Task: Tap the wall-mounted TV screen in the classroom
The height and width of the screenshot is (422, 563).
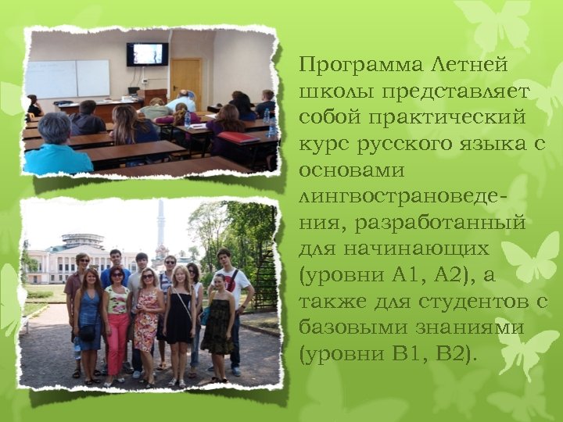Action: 147,54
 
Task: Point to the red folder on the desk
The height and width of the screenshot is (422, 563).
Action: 239,138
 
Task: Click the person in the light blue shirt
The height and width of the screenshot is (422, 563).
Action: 56,148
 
